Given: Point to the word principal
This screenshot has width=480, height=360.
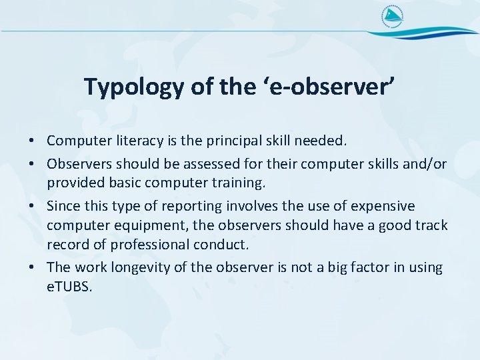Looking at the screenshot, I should pos(229,141).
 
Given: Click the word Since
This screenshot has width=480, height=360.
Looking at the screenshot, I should pos(63,206).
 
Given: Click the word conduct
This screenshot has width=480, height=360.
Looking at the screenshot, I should pos(225,245).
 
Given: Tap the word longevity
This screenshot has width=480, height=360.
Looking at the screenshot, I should pos(135,268).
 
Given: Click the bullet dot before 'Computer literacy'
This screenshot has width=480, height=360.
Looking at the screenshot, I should pos(31,141).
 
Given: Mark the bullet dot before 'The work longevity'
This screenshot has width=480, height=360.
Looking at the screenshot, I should pos(31,268).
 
